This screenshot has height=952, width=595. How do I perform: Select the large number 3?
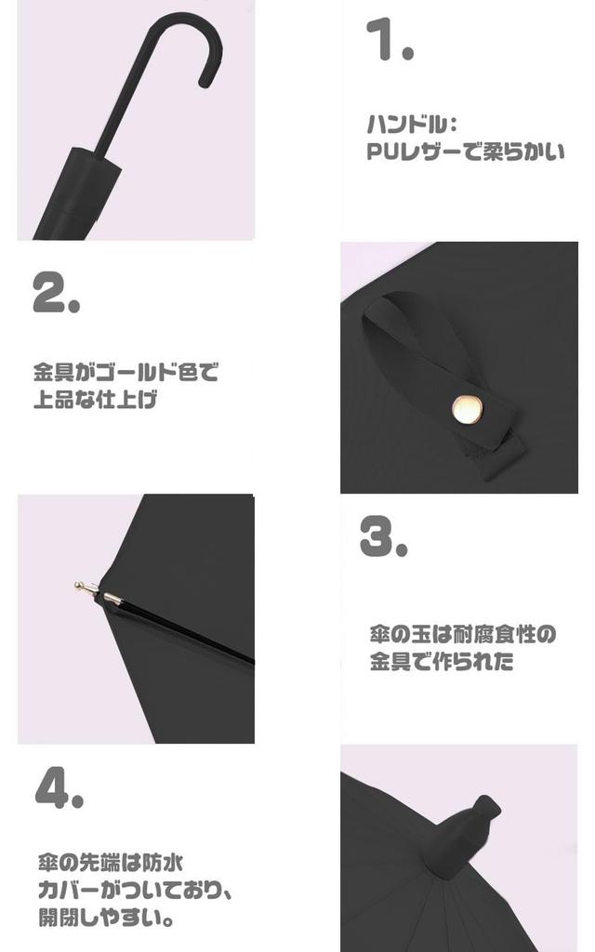click(383, 535)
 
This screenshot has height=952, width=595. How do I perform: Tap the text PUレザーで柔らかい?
click(465, 151)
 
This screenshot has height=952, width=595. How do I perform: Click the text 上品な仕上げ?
click(96, 402)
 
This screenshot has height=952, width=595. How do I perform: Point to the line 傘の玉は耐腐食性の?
click(462, 635)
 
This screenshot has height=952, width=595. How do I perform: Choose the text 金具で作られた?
click(442, 663)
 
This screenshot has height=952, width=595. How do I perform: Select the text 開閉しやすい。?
click(108, 918)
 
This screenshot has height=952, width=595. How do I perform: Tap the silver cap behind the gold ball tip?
click(111, 599)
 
